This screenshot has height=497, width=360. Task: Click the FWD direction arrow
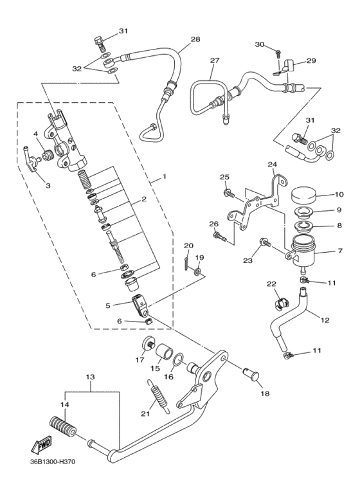tap(41, 444)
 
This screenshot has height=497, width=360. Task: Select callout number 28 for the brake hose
tap(195, 39)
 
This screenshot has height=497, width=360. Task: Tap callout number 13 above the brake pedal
tap(90, 377)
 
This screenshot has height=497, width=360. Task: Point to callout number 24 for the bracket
tap(272, 164)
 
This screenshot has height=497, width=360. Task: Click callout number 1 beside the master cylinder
tap(165, 176)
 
